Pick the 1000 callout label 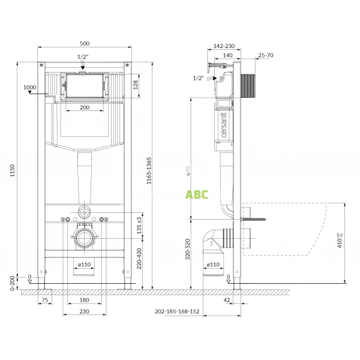(29, 87)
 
